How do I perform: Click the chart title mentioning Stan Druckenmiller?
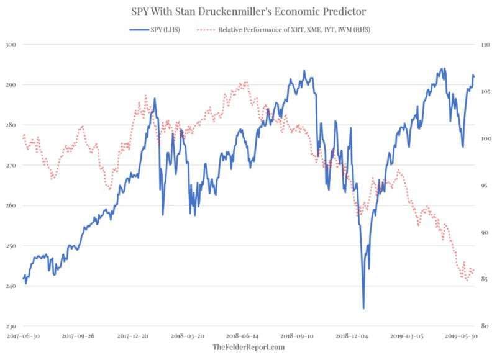(x=248, y=11)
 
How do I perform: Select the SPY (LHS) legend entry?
(x=155, y=30)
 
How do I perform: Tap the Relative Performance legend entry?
(x=283, y=30)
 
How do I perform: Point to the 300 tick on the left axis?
(x=11, y=45)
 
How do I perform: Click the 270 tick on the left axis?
(x=11, y=165)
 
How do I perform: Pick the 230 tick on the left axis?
(x=11, y=326)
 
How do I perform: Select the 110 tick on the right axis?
(x=486, y=45)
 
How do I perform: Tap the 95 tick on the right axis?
(x=485, y=186)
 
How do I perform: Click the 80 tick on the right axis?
(x=485, y=326)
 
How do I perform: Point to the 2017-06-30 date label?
(x=23, y=336)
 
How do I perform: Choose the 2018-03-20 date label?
(x=188, y=336)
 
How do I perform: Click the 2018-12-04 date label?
(x=352, y=336)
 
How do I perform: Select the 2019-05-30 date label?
(x=461, y=336)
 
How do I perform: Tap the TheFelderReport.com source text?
(x=248, y=348)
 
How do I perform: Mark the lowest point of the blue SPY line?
(x=363, y=308)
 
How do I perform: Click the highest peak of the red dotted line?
(x=244, y=83)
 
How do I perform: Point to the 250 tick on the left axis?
(x=11, y=246)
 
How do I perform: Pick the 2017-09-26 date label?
(x=78, y=336)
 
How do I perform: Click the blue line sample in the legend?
(x=139, y=30)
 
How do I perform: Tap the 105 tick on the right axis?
(x=485, y=91)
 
